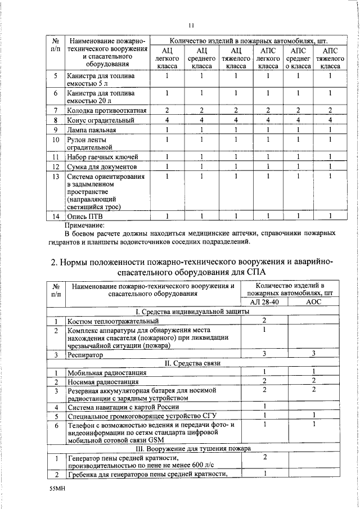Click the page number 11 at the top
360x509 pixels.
click(x=191, y=25)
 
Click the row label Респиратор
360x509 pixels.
click(x=85, y=355)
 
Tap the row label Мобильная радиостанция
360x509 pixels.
click(x=107, y=372)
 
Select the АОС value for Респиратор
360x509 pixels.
click(x=313, y=353)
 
